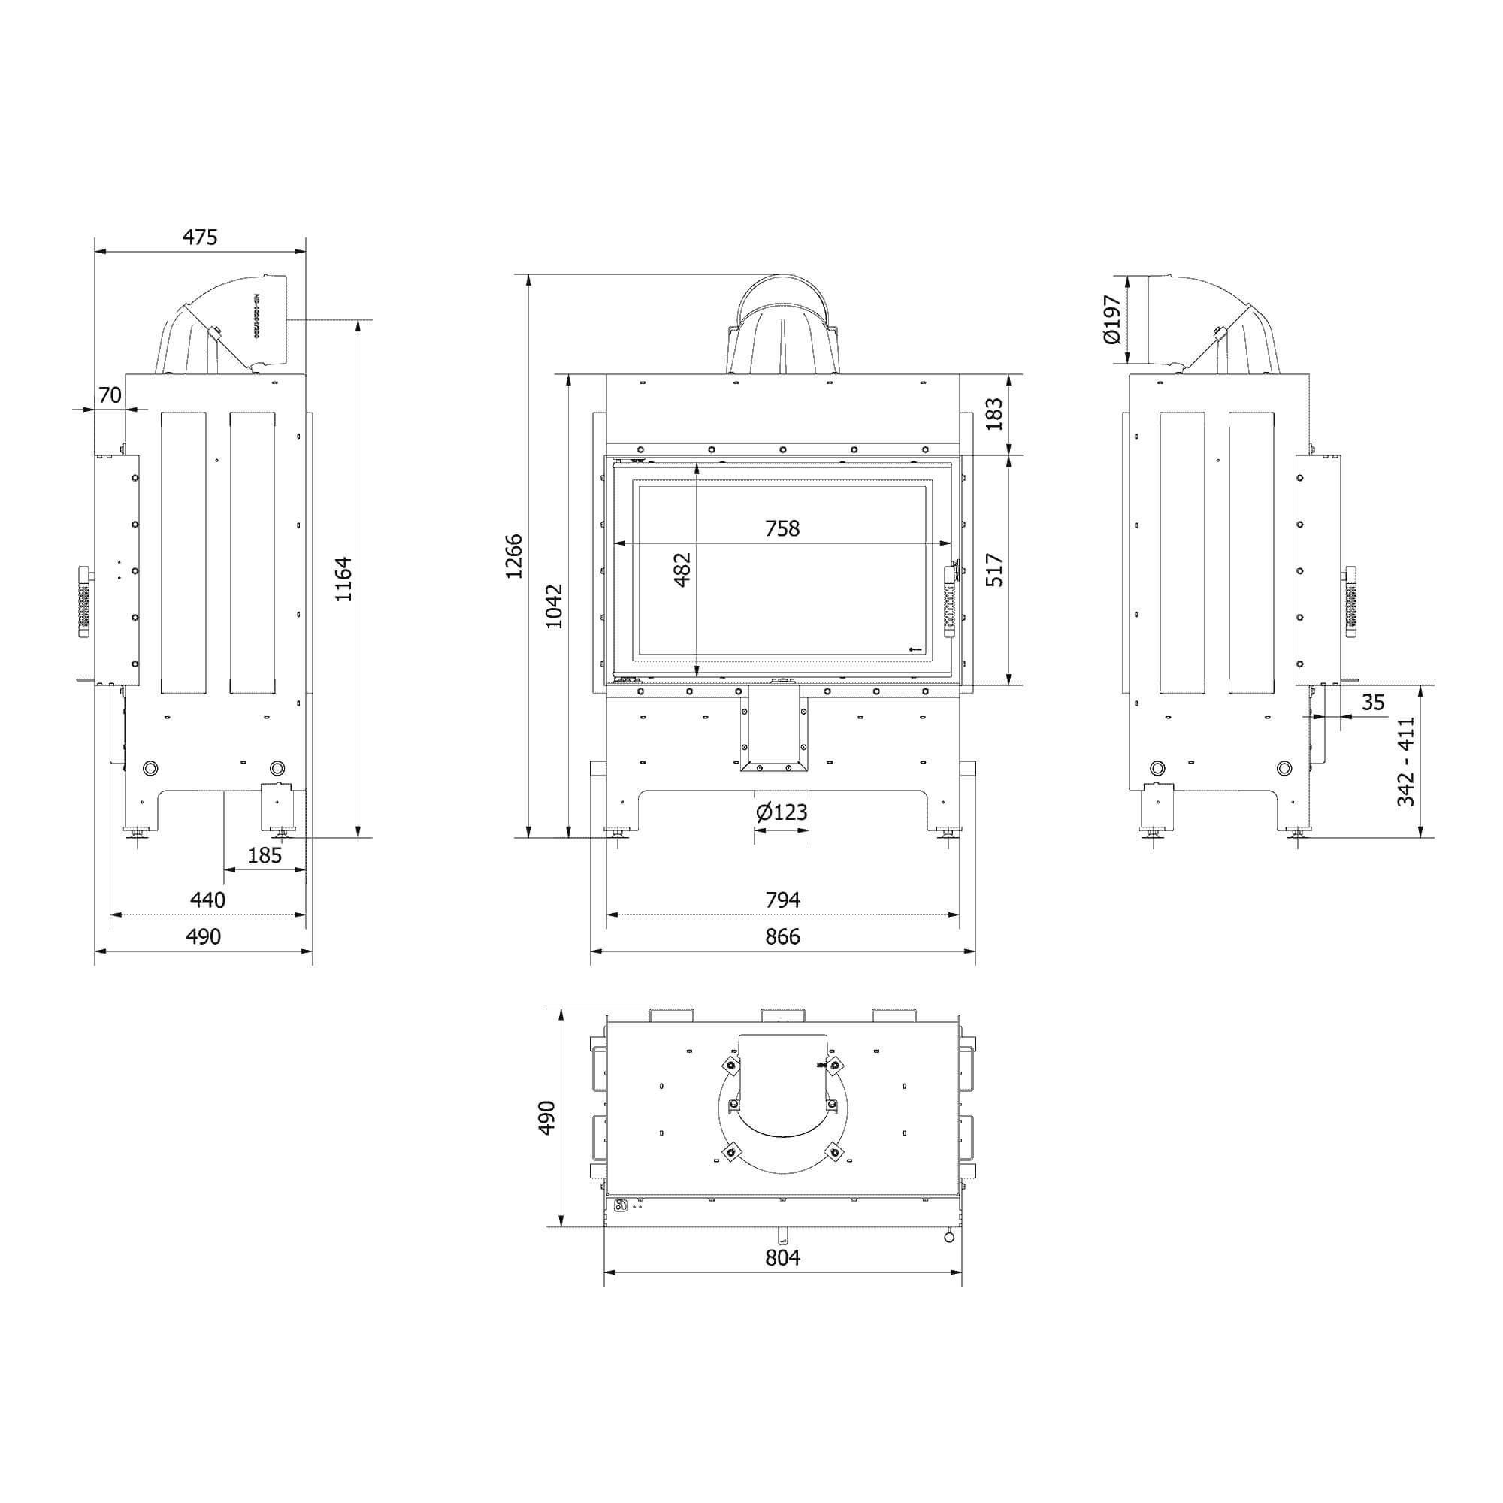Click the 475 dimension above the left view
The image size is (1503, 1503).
[x=200, y=237]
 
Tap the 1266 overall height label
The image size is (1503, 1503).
[x=514, y=555]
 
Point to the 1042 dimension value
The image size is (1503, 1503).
[x=554, y=606]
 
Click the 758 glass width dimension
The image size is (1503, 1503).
[x=782, y=529]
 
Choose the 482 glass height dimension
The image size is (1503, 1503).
[x=682, y=570]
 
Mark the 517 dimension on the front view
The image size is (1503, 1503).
[x=994, y=570]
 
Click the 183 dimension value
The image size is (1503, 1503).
[x=994, y=414]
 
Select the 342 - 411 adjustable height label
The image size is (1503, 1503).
[x=1406, y=761]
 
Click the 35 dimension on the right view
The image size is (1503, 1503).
[x=1373, y=703]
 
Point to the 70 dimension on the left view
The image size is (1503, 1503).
[x=110, y=395]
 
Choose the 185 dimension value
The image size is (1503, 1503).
[x=265, y=856]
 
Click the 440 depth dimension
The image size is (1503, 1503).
[x=207, y=900]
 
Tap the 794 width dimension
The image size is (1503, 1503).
[x=782, y=900]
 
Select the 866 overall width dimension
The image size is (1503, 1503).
[x=782, y=936]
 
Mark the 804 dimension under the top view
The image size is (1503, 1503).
[x=782, y=1258]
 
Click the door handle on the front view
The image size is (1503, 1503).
[x=948, y=603]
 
